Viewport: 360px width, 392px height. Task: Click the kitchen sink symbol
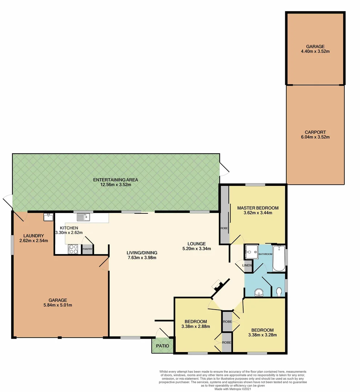tap(83, 217)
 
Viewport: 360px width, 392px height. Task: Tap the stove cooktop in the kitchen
tap(73, 249)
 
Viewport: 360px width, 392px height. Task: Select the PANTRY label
tap(87, 249)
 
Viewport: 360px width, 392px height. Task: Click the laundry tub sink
tap(48, 217)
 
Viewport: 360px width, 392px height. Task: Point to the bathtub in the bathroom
tap(279, 258)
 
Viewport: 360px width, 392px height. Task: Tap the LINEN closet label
tap(247, 265)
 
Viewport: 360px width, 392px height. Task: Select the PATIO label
tap(162, 346)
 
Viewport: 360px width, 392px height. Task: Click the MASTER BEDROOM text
tap(258, 208)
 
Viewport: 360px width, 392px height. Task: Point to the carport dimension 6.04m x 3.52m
tap(315, 137)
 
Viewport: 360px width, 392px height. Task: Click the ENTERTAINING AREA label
tap(115, 180)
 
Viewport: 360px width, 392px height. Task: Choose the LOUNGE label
tap(196, 244)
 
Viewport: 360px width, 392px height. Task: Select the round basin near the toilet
tap(259, 292)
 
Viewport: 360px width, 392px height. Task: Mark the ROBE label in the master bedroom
tap(224, 228)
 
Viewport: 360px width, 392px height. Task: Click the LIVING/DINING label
tap(141, 253)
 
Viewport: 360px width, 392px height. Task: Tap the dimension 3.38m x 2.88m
tap(196, 326)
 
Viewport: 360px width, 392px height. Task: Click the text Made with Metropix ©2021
tap(232, 389)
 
